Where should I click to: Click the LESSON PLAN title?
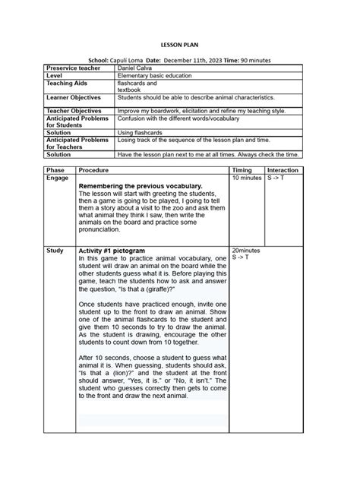[x=179, y=45]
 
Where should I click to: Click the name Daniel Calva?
[x=135, y=69]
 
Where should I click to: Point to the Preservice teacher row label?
[x=69, y=69]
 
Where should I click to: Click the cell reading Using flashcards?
[x=139, y=132]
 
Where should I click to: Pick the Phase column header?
[x=55, y=171]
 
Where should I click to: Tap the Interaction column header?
[x=283, y=171]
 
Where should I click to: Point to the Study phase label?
[x=55, y=250]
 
